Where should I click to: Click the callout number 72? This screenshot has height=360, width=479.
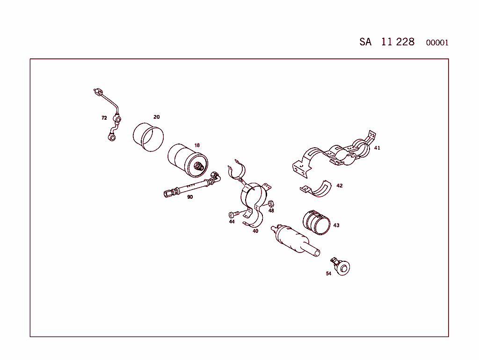pyautogui.click(x=104, y=118)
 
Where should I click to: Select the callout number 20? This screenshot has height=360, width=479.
pyautogui.click(x=156, y=117)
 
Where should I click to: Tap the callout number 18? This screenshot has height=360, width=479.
pyautogui.click(x=197, y=145)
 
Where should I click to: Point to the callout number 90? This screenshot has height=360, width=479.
pyautogui.click(x=189, y=197)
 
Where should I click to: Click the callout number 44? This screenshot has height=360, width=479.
pyautogui.click(x=232, y=222)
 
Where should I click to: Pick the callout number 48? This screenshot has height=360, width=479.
pyautogui.click(x=271, y=210)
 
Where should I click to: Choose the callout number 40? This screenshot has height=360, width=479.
pyautogui.click(x=255, y=231)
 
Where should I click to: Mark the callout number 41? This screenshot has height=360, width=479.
pyautogui.click(x=377, y=148)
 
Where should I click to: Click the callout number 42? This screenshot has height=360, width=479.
pyautogui.click(x=339, y=186)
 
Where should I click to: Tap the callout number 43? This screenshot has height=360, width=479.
pyautogui.click(x=336, y=225)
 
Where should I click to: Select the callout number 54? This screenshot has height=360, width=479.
pyautogui.click(x=328, y=274)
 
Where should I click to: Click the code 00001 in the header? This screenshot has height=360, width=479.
pyautogui.click(x=437, y=43)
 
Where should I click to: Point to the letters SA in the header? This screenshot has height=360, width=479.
pyautogui.click(x=365, y=42)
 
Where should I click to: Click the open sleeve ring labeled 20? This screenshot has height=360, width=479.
pyautogui.click(x=148, y=137)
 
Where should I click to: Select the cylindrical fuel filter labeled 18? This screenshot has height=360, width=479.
pyautogui.click(x=187, y=160)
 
